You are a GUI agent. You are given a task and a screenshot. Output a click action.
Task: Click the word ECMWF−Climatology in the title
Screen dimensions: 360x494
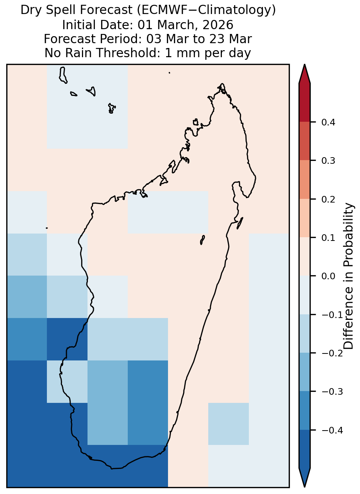click(206, 10)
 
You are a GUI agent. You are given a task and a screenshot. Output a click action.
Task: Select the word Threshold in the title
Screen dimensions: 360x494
click(128, 53)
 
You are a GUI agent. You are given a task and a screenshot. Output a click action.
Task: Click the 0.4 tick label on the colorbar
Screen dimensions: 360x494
click(328, 122)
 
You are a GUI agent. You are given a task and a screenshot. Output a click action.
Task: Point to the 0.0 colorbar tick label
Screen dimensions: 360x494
click(328, 276)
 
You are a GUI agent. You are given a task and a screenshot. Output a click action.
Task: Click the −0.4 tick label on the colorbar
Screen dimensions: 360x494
click(332, 430)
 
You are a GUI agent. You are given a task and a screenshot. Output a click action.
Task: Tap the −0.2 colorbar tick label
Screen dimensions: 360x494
click(332, 353)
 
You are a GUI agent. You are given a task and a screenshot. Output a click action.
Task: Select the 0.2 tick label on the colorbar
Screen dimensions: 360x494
click(328, 199)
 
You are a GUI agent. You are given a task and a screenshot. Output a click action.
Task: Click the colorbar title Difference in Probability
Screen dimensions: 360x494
click(349, 276)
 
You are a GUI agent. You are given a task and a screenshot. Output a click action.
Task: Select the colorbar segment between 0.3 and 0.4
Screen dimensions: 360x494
click(305, 141)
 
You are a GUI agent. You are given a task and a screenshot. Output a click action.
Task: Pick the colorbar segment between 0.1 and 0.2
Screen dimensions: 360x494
click(305, 218)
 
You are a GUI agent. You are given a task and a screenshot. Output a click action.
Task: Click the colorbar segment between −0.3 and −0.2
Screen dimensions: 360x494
click(305, 372)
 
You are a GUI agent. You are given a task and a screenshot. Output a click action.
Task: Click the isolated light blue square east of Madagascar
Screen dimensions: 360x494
click(229, 424)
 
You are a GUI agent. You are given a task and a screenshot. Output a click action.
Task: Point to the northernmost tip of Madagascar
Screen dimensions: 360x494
click(222, 84)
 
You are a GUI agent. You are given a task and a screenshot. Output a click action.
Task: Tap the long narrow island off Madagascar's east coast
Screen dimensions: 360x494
click(240, 223)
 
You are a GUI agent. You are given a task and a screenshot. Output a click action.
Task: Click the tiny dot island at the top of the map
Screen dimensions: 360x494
click(169, 73)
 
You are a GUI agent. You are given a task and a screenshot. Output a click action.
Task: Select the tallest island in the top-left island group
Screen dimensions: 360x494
click(63, 75)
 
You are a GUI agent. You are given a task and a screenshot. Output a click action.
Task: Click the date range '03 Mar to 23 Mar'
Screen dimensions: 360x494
click(199, 39)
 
